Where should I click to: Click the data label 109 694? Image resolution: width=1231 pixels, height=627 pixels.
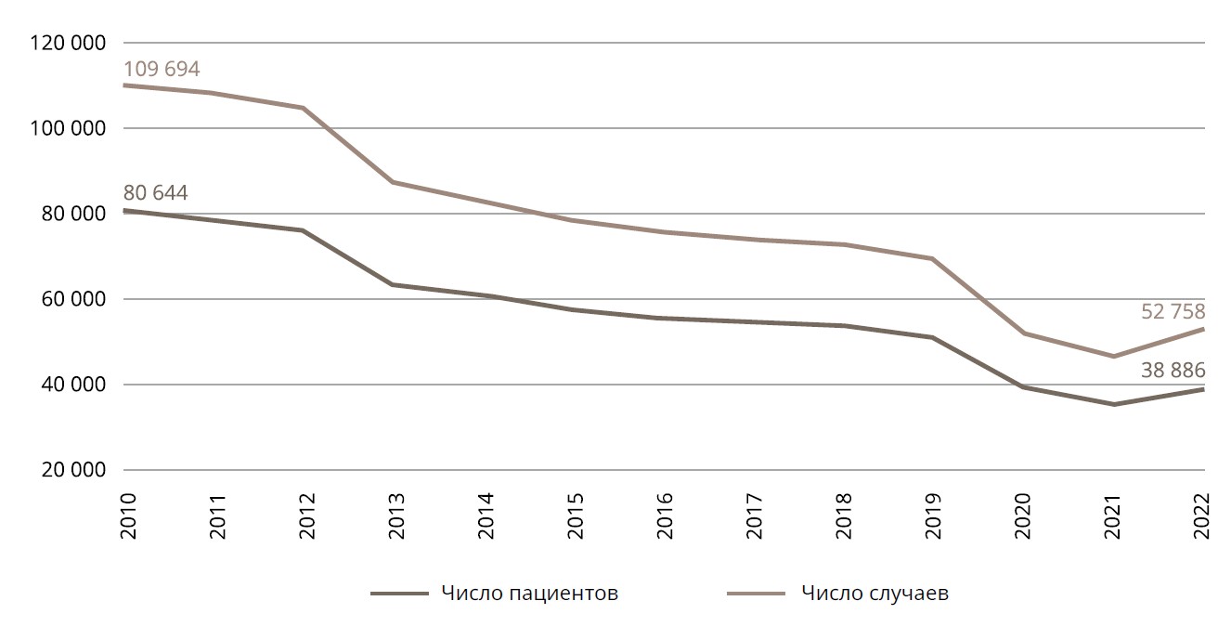tap(162, 69)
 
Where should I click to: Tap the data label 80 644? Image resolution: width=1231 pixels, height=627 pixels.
tap(155, 193)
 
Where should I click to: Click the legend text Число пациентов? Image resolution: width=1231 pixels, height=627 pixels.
tap(530, 594)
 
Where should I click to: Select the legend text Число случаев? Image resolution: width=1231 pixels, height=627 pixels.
tap(875, 594)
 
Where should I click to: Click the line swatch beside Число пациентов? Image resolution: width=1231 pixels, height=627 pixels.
tap(398, 594)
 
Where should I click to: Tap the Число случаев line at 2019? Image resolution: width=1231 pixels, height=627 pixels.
tap(932, 258)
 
